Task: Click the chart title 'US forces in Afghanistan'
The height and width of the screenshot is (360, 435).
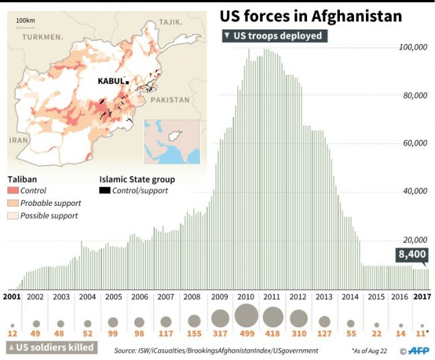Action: [x=312, y=15]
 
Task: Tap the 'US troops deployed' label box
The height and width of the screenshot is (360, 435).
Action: [x=275, y=36]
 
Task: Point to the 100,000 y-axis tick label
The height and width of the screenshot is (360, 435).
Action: [x=413, y=48]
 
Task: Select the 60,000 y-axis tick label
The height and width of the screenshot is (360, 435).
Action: [x=414, y=143]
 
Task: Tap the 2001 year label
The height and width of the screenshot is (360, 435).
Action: [x=11, y=296]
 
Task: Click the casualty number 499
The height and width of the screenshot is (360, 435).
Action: [x=247, y=333]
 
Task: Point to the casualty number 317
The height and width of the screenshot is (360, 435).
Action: [x=220, y=333]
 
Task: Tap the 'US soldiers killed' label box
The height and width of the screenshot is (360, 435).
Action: [x=51, y=347]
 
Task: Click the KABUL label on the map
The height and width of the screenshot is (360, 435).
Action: [x=111, y=81]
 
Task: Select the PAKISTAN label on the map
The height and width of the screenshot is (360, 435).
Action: [x=170, y=100]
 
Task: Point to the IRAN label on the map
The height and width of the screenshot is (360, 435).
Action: [x=18, y=141]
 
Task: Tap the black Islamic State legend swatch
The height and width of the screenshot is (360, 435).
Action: [x=105, y=191]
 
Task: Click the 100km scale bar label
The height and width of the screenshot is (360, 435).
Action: [x=25, y=20]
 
